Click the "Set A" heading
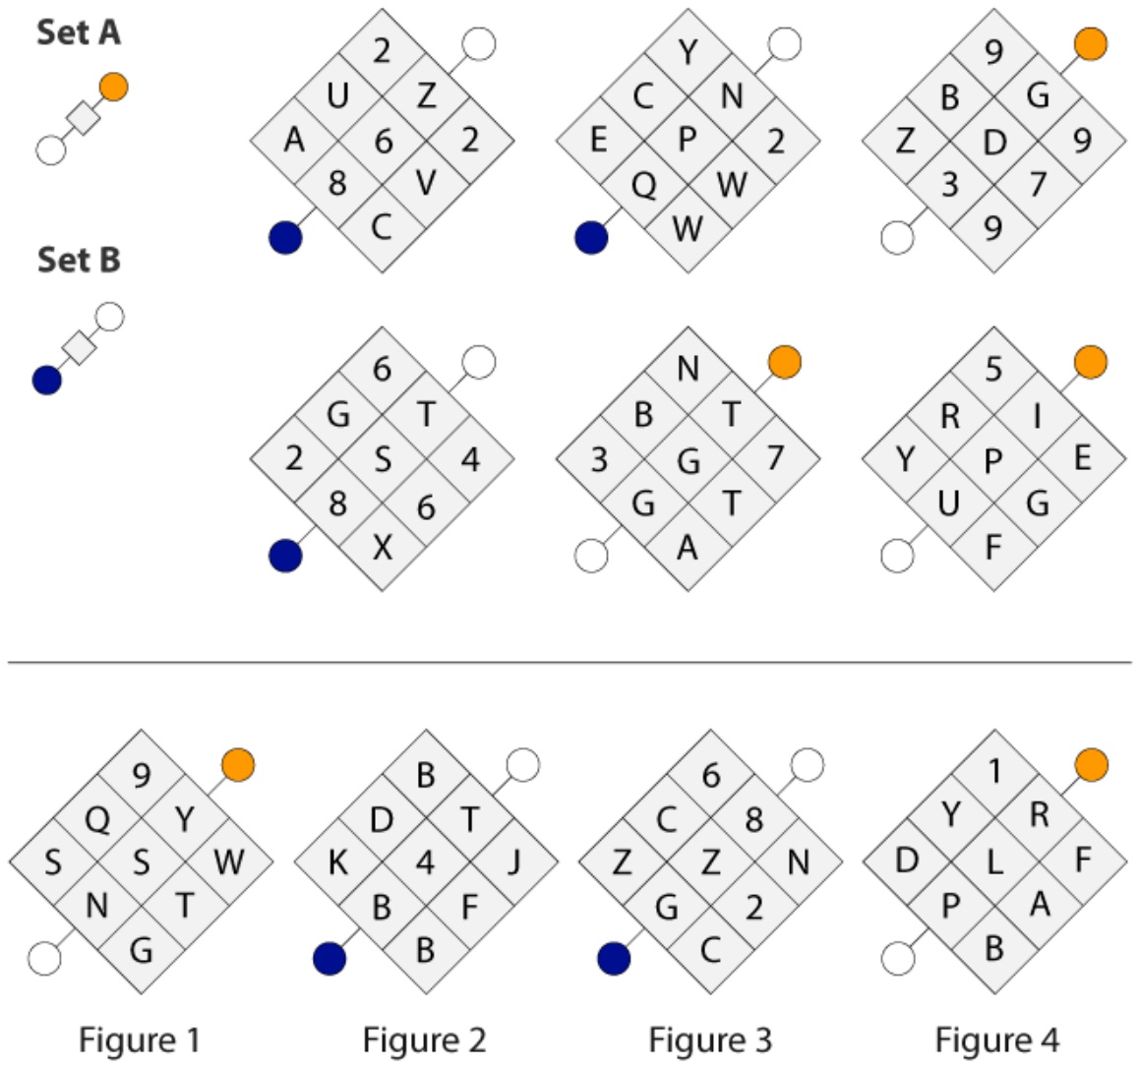click(x=79, y=32)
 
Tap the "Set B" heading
click(x=79, y=260)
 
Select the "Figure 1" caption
click(x=139, y=1039)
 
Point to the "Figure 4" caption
click(x=996, y=1039)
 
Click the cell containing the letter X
click(x=383, y=548)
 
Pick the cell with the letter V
click(x=427, y=183)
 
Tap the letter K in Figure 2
click(x=337, y=862)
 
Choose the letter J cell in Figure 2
click(x=514, y=862)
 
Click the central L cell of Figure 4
click(x=994, y=862)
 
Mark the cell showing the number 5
click(x=993, y=371)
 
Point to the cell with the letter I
click(x=1038, y=415)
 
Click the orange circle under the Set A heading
click(x=114, y=88)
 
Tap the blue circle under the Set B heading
click(x=47, y=381)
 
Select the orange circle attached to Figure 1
click(x=238, y=765)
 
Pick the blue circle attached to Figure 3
click(x=614, y=959)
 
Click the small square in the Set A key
click(x=83, y=118)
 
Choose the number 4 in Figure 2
click(x=426, y=862)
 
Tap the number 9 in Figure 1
click(x=141, y=775)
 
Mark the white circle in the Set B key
click(x=110, y=318)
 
